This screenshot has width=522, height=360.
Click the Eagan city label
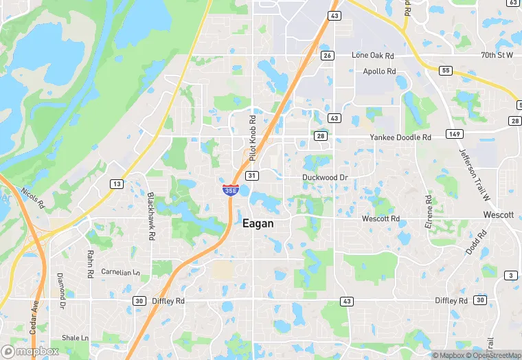pyautogui.click(x=258, y=224)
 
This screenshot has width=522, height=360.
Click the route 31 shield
pyautogui.click(x=253, y=177)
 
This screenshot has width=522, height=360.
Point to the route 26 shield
pyautogui.click(x=327, y=56)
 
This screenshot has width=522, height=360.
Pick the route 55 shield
pyautogui.click(x=445, y=70)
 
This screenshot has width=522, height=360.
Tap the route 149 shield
pyautogui.click(x=454, y=133)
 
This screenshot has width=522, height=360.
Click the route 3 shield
pyautogui.click(x=510, y=275)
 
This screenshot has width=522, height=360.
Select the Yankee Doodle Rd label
pyautogui.click(x=400, y=137)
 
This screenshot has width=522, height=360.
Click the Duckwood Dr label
pyautogui.click(x=326, y=177)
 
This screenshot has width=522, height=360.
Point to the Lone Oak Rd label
pyautogui.click(x=373, y=55)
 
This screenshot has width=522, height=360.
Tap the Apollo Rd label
pyautogui.click(x=379, y=71)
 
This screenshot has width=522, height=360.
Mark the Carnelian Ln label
pyautogui.click(x=120, y=272)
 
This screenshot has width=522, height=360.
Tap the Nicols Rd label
pyautogui.click(x=32, y=199)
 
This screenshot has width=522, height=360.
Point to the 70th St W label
pyautogui.click(x=497, y=54)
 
